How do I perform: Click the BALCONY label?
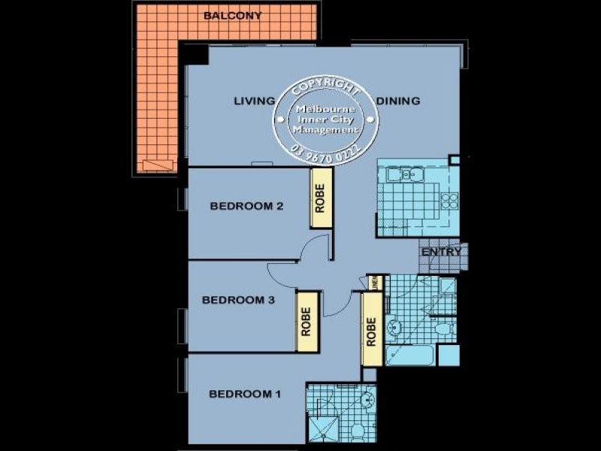click(232, 16)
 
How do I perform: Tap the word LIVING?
click(252, 101)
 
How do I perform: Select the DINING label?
click(398, 101)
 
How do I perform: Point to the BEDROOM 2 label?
click(246, 206)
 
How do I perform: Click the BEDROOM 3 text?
click(238, 300)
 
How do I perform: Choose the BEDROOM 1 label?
click(245, 394)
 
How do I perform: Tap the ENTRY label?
click(442, 252)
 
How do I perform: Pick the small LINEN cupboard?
click(376, 283)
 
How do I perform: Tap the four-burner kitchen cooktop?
click(449, 201)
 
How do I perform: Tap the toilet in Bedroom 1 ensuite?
click(358, 431)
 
